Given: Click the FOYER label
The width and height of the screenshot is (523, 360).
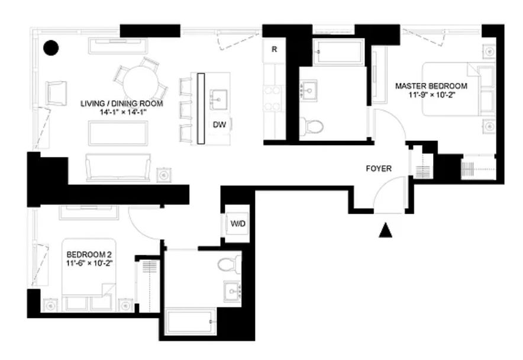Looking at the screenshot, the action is click(379, 169).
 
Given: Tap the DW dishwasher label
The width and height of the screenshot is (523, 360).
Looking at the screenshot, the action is click(219, 124).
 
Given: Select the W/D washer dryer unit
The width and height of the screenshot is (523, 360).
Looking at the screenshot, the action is click(238, 223).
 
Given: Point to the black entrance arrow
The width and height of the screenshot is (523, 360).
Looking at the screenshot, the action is click(385, 230).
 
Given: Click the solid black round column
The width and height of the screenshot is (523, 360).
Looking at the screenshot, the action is click(51, 48).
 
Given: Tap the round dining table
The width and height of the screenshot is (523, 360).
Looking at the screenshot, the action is click(140, 83).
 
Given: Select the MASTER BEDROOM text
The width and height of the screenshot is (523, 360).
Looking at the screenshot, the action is click(431, 86).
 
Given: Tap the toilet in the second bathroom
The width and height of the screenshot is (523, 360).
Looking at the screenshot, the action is click(229, 265).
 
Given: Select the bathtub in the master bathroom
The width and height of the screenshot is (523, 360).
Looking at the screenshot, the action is click(338, 52).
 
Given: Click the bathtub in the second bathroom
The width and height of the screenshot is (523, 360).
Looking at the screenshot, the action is click(191, 322).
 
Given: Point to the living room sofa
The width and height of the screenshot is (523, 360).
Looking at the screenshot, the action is click(118, 168).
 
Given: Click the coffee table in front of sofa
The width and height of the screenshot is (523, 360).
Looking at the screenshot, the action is click(118, 133).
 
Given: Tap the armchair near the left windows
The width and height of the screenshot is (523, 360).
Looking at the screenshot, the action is click(56, 93).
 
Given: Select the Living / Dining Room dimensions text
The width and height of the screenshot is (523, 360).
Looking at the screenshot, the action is click(122, 112).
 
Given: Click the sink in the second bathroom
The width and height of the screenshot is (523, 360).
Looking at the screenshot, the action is click(233, 291).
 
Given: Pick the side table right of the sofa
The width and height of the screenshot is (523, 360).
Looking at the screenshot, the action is click(164, 175).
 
